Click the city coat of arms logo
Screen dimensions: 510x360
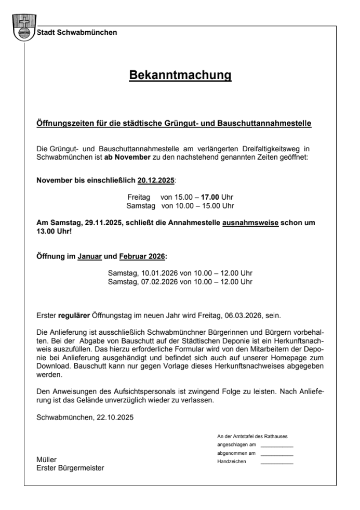point(23,27)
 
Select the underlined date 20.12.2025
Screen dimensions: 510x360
point(156,180)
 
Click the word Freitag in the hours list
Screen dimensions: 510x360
point(139,198)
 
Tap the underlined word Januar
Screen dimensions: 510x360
point(90,256)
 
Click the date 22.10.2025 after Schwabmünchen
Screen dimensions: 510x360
point(115,417)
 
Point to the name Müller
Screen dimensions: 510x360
point(46,460)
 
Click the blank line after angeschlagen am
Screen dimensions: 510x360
point(277,446)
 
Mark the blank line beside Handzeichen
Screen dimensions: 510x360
point(277,462)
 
